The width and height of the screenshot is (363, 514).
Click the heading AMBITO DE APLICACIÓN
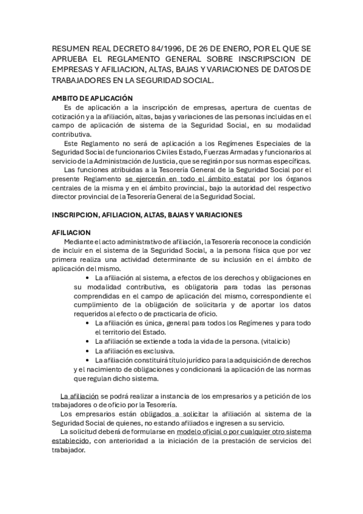(92, 98)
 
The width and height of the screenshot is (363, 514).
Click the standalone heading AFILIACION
(70, 232)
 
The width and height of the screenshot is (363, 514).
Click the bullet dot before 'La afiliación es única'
(90, 324)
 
